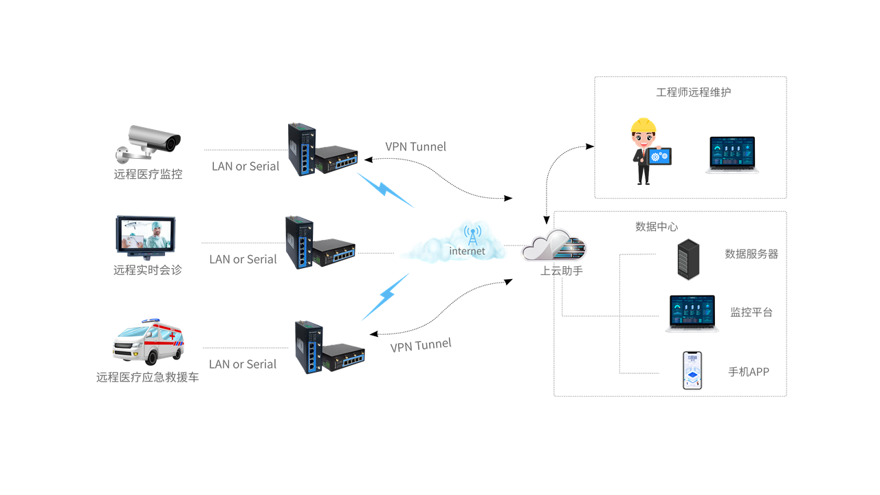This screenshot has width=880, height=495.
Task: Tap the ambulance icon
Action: (x=148, y=341)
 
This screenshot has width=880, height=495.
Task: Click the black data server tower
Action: (x=687, y=259)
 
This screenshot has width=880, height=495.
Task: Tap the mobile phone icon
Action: (x=692, y=371)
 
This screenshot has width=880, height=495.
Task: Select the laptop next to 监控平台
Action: (x=692, y=313)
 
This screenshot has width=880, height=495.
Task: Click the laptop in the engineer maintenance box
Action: (x=732, y=155)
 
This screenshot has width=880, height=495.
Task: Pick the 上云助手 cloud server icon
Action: (x=554, y=245)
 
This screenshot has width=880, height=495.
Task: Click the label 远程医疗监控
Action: (x=148, y=175)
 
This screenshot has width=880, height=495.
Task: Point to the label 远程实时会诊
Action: (x=147, y=270)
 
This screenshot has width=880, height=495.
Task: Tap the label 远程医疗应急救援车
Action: (x=147, y=377)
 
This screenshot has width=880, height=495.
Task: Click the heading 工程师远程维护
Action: (x=693, y=92)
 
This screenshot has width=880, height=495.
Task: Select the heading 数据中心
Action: (x=657, y=226)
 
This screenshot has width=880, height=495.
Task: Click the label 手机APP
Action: (x=749, y=372)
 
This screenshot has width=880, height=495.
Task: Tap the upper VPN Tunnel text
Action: (x=415, y=146)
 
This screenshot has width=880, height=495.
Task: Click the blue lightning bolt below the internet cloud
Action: (x=386, y=296)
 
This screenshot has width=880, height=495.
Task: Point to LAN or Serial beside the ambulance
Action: (x=243, y=364)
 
